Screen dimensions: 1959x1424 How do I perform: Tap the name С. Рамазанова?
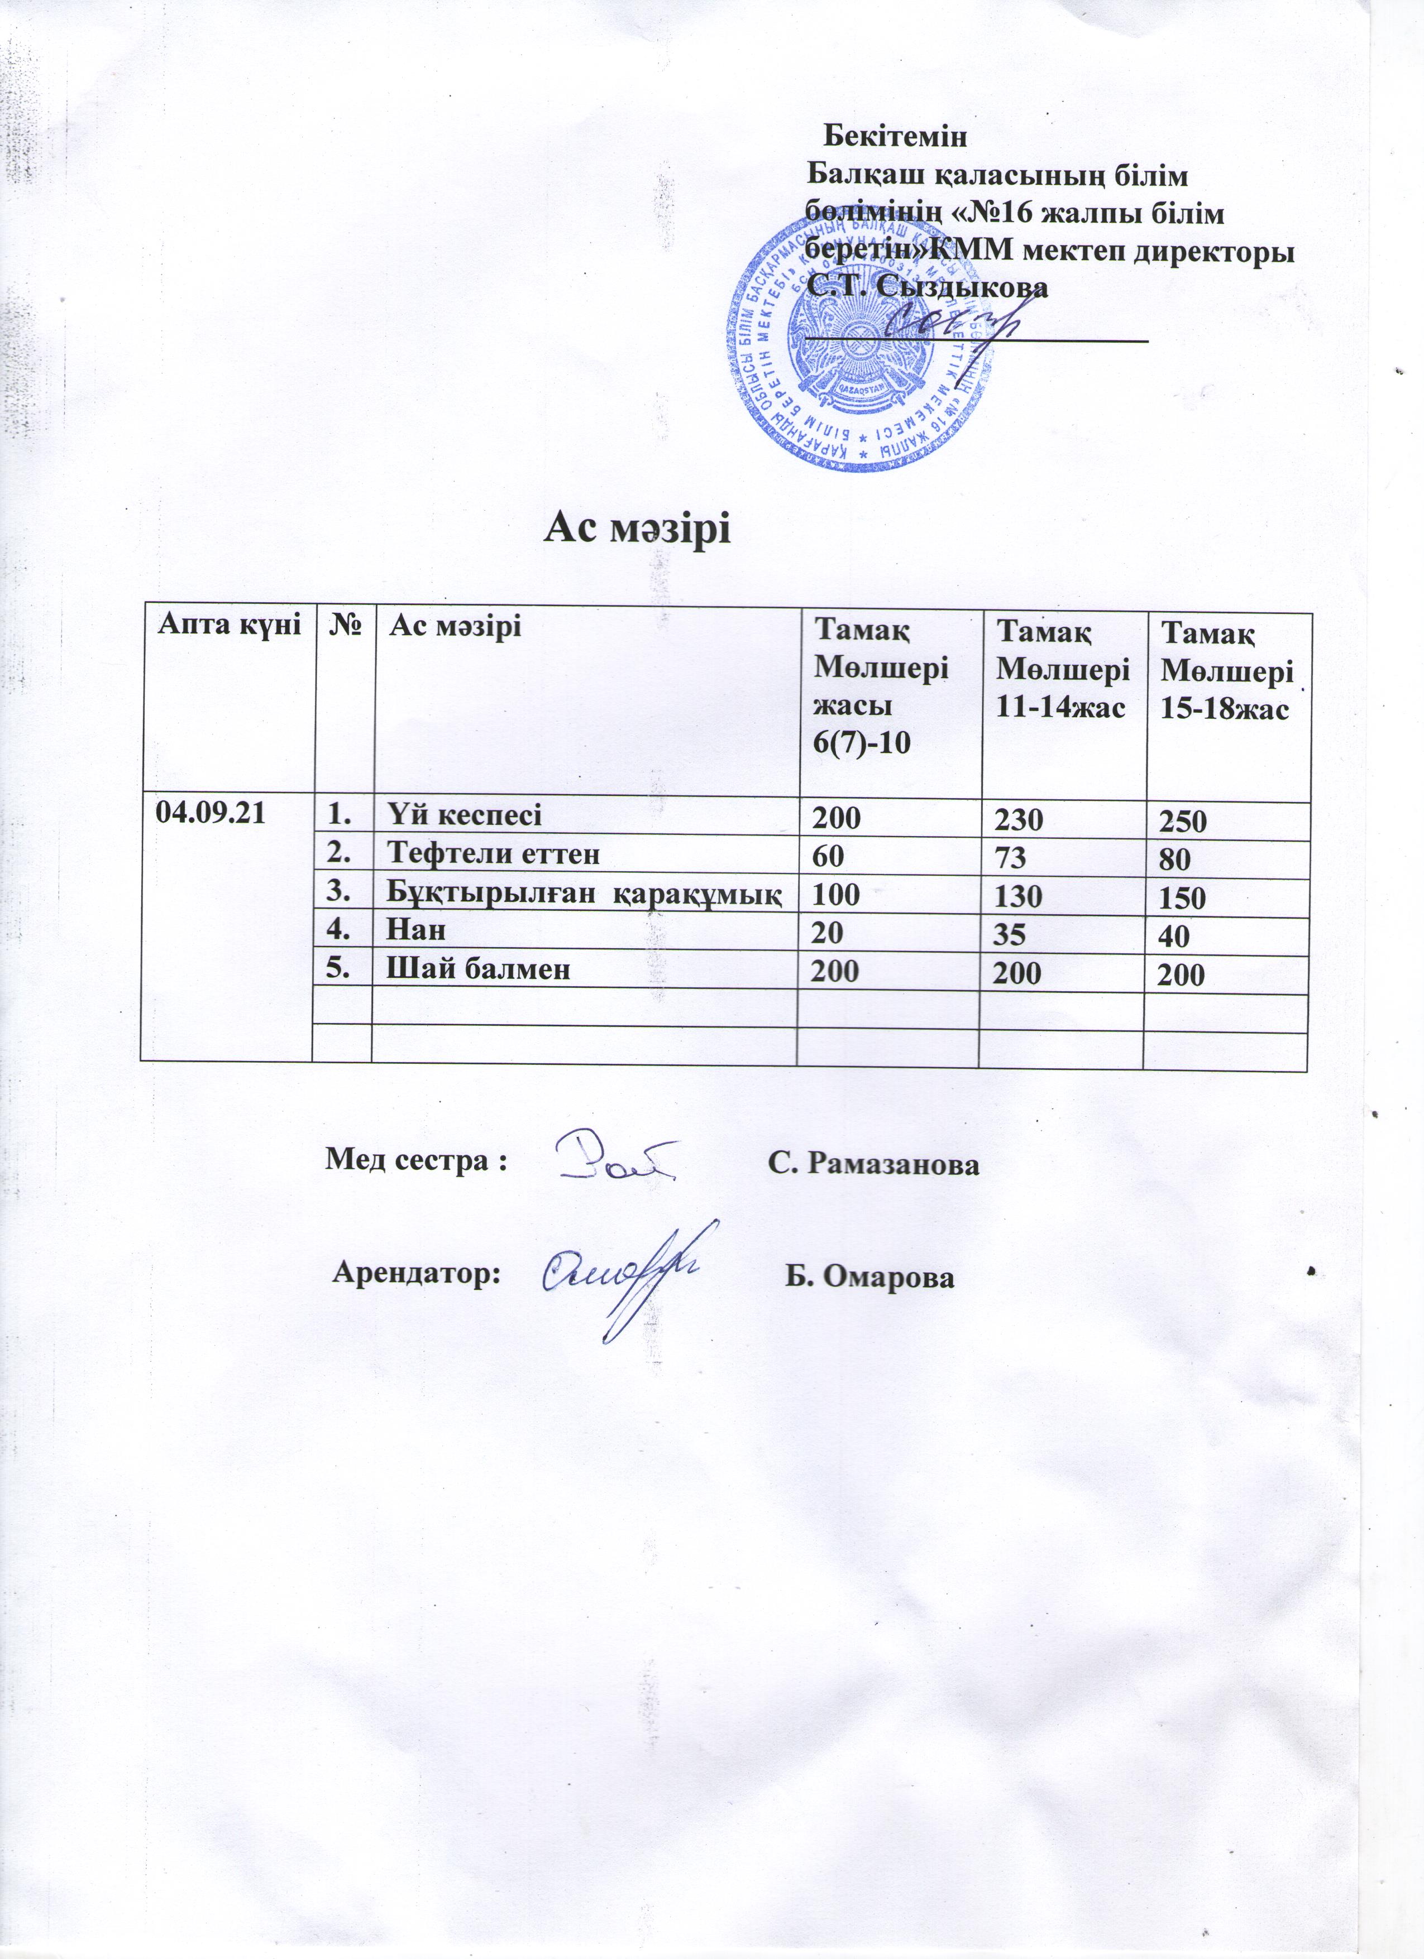(x=873, y=1164)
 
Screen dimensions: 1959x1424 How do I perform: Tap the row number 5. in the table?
(x=339, y=969)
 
